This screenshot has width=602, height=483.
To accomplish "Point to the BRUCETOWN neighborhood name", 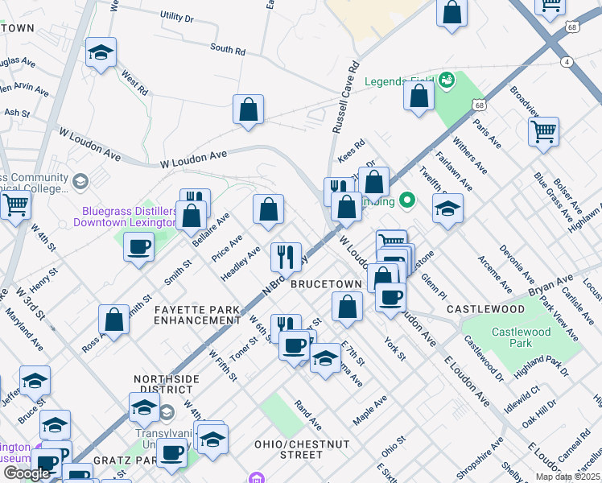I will (325, 285).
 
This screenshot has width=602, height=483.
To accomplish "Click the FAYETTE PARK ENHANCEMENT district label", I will (197, 315).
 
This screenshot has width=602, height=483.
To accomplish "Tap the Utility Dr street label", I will (177, 16).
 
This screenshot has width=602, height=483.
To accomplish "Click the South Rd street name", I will (228, 50).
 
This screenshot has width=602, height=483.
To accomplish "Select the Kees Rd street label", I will (352, 150).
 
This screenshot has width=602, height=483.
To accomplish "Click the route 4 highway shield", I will (567, 62).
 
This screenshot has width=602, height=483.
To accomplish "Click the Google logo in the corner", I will (27, 473).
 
